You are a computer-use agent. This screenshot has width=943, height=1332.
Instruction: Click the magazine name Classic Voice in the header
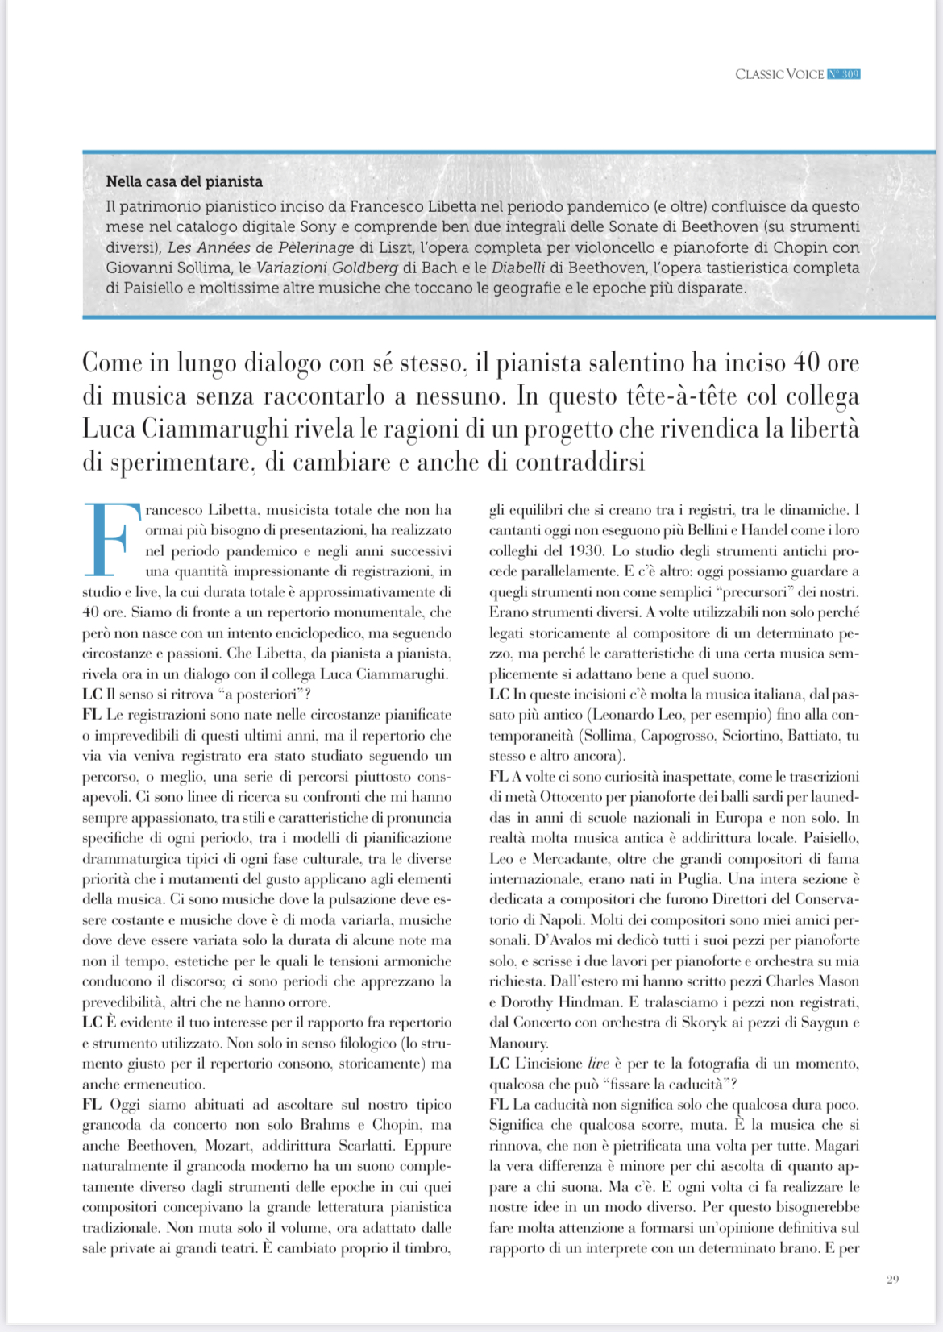pos(779,74)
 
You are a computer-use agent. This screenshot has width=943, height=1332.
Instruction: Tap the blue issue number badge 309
pos(844,74)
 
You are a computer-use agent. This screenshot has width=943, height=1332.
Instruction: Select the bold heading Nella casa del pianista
pos(184,181)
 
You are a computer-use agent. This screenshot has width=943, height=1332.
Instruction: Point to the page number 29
pos(892,1279)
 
